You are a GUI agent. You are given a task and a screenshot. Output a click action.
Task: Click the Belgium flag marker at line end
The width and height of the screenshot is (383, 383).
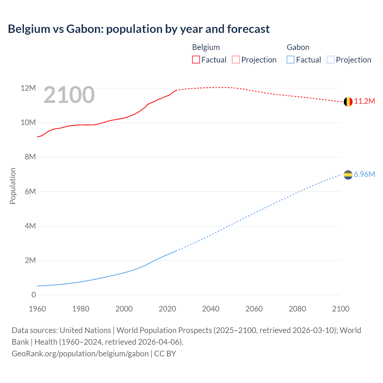click(348, 102)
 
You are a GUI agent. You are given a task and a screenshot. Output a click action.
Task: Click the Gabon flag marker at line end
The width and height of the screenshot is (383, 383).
click(348, 175)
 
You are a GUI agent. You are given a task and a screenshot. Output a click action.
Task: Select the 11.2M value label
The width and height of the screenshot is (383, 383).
click(364, 101)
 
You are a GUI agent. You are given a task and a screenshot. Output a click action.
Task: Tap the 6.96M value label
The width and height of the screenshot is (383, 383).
click(364, 174)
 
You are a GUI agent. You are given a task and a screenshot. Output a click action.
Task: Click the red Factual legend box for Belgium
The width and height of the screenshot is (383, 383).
click(196, 60)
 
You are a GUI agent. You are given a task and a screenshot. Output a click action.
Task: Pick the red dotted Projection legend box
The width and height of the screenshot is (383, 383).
click(236, 60)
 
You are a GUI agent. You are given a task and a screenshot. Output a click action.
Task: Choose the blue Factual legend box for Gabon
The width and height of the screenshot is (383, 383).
click(291, 60)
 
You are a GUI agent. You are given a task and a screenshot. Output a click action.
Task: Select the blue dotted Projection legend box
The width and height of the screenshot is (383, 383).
click(331, 60)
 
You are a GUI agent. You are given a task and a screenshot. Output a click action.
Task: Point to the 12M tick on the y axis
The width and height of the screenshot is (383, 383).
click(28, 88)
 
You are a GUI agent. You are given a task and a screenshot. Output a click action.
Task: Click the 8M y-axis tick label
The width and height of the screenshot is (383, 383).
click(30, 157)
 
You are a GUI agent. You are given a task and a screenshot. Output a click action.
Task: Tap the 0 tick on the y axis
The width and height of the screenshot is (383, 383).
click(34, 295)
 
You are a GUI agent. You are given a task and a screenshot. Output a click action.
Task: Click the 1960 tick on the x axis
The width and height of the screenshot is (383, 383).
click(37, 309)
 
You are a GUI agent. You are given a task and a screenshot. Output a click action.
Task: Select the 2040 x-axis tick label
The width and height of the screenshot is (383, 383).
click(211, 309)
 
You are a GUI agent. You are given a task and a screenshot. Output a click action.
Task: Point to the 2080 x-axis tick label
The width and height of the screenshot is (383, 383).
click(297, 309)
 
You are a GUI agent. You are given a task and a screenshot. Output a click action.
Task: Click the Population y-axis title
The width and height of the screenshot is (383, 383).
click(13, 186)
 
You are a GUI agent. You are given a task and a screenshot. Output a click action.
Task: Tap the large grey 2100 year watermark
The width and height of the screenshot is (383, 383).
click(69, 95)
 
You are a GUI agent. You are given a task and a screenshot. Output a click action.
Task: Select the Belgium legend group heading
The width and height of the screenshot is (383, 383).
click(206, 47)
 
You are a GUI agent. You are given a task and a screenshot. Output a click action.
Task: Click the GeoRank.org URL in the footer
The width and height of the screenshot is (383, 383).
click(80, 354)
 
